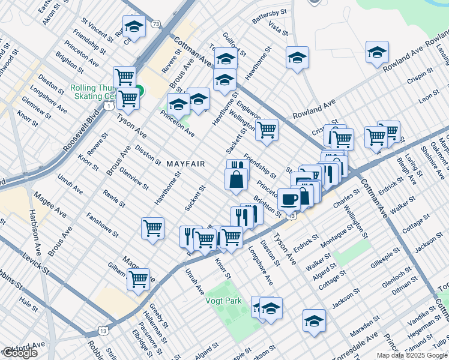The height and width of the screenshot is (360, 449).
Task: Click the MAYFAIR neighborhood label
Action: tap(186, 164)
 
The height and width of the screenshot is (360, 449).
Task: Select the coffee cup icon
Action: tap(289, 199)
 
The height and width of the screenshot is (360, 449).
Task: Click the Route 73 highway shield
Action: tap(156, 23)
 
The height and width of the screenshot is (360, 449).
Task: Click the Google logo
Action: tap(19, 353)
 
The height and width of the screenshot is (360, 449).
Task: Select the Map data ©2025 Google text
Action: tap(412, 355)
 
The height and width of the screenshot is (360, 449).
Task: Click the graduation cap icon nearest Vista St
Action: tap(297, 58)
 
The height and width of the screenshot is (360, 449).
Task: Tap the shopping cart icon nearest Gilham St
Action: tap(139, 278)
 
